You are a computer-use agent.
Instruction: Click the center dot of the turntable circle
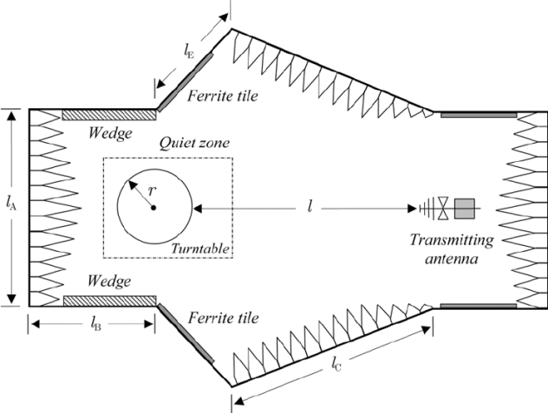(x=153, y=208)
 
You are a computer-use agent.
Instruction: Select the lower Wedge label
(x=111, y=281)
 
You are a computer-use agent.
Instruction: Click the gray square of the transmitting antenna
(x=465, y=208)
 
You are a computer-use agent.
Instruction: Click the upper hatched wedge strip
(x=109, y=114)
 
